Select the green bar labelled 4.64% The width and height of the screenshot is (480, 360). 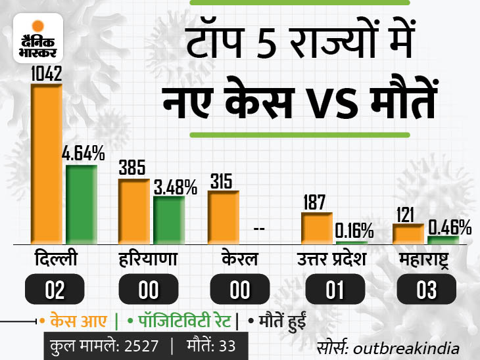(x=82, y=205)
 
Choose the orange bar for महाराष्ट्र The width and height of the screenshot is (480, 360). (x=408, y=234)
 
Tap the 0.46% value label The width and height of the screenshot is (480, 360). (x=450, y=227)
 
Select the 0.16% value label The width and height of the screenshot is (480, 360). (x=354, y=231)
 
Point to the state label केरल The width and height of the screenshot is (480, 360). (x=239, y=259)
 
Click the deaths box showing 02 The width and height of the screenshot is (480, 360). (x=55, y=289)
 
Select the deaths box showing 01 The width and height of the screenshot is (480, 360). (x=335, y=289)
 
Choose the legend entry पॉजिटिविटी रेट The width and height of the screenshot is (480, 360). (x=181, y=323)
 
